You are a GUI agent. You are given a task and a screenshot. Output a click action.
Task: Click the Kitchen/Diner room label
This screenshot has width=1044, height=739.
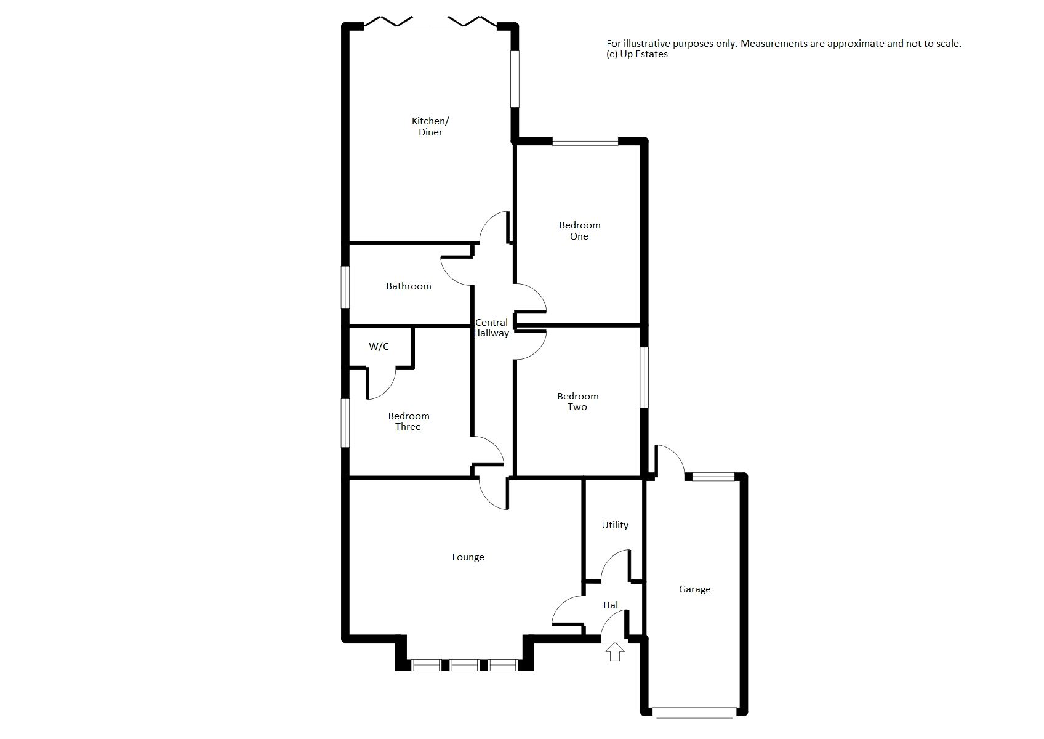(x=430, y=126)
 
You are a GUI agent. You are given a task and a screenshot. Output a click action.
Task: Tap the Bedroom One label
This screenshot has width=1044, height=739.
(x=579, y=230)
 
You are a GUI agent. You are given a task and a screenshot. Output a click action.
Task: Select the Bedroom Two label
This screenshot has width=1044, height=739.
(x=577, y=402)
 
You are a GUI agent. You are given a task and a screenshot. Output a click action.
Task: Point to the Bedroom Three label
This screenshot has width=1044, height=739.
(x=408, y=421)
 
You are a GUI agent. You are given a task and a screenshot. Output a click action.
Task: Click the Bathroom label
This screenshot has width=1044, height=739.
(x=408, y=286)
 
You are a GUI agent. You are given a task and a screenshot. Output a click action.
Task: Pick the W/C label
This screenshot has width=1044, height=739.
(x=379, y=347)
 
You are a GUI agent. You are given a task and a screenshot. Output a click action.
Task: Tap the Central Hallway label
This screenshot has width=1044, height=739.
(x=491, y=328)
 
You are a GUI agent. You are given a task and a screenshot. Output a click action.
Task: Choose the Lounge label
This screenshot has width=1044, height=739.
(x=468, y=557)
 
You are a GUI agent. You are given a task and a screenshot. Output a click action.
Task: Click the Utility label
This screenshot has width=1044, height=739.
(x=615, y=525)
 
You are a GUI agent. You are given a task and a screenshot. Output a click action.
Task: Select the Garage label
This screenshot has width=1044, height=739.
(x=694, y=589)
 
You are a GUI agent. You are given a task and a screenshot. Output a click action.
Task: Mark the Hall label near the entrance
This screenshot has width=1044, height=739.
(x=611, y=605)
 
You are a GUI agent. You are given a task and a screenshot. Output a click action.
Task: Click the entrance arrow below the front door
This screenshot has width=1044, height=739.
(x=614, y=652)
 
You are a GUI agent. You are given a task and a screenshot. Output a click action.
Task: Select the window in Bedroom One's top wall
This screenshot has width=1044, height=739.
(x=585, y=142)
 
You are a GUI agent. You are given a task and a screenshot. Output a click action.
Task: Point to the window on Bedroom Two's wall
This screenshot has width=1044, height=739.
(x=644, y=378)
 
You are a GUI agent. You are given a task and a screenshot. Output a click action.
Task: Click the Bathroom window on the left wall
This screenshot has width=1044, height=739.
(x=345, y=286)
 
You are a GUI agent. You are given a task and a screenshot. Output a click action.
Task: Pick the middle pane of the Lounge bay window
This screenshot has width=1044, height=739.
(x=464, y=665)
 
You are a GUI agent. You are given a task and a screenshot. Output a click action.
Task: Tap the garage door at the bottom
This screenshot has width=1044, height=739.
(x=694, y=712)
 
